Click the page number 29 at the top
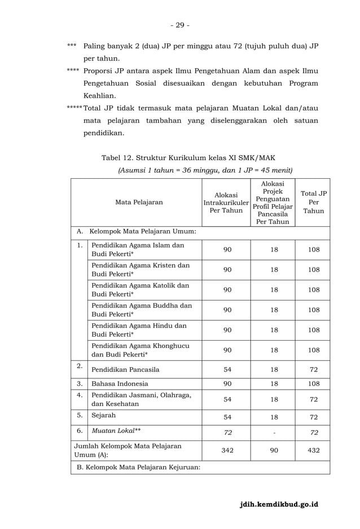point(180,25)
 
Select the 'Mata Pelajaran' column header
point(139,202)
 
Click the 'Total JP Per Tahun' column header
point(314,202)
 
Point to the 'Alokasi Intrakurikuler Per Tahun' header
point(226,202)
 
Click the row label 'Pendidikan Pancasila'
point(125,369)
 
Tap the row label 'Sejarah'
point(104,416)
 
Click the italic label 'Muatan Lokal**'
point(116,431)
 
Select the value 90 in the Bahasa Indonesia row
point(226,383)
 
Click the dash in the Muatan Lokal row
point(274,433)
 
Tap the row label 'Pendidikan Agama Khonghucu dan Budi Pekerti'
point(141,350)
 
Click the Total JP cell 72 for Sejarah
point(314,417)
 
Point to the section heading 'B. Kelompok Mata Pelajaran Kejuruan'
point(138,467)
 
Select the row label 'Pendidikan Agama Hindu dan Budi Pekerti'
point(139,329)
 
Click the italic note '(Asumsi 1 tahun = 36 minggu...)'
point(204,170)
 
